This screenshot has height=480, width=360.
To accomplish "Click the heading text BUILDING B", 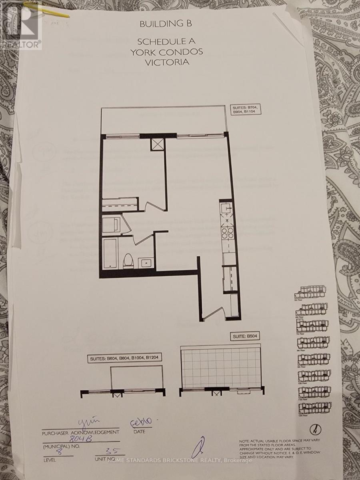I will click(x=166, y=24).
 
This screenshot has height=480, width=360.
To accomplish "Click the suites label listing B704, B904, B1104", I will click(x=245, y=110).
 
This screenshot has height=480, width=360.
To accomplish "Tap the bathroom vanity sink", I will click(x=146, y=263).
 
